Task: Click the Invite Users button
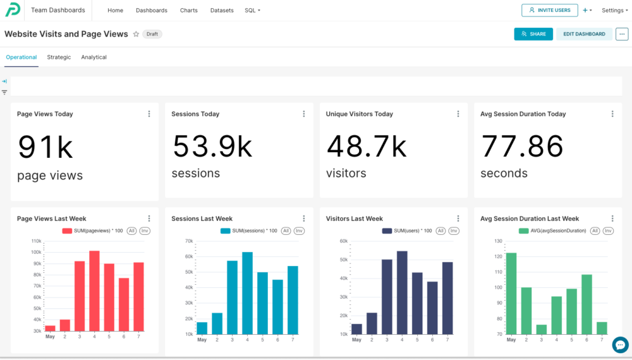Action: click(x=549, y=10)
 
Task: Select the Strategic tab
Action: click(x=59, y=57)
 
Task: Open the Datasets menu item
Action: click(x=222, y=11)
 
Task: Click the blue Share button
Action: click(x=533, y=34)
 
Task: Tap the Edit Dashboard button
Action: click(x=584, y=34)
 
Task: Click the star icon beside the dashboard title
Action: click(x=137, y=34)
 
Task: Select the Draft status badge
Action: click(x=152, y=34)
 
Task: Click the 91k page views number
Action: click(x=46, y=147)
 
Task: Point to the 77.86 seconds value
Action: click(x=522, y=146)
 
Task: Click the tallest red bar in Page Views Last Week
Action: click(x=94, y=291)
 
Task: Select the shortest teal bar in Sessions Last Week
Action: click(x=202, y=328)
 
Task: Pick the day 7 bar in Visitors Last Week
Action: click(x=447, y=298)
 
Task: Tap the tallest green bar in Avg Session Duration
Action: click(x=511, y=294)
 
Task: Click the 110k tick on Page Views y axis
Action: click(x=36, y=241)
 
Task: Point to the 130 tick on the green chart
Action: click(x=498, y=241)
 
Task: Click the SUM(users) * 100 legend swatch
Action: click(x=387, y=231)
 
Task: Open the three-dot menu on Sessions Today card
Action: click(x=304, y=114)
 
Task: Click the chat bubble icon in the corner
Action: click(x=621, y=345)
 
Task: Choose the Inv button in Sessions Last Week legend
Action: click(x=299, y=231)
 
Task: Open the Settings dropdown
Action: click(x=615, y=11)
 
